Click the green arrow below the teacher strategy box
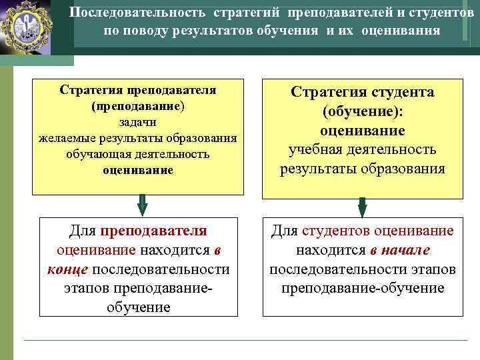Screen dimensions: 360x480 pos(141,203)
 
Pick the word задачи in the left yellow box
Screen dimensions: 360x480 pos(138,122)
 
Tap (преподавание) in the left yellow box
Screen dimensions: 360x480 pos(138,106)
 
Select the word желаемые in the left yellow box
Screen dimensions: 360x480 pos(67,138)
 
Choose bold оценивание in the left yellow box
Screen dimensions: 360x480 pos(138,170)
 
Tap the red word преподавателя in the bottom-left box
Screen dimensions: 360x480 pos(155,231)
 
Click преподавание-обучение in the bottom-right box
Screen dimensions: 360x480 pos(363,289)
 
